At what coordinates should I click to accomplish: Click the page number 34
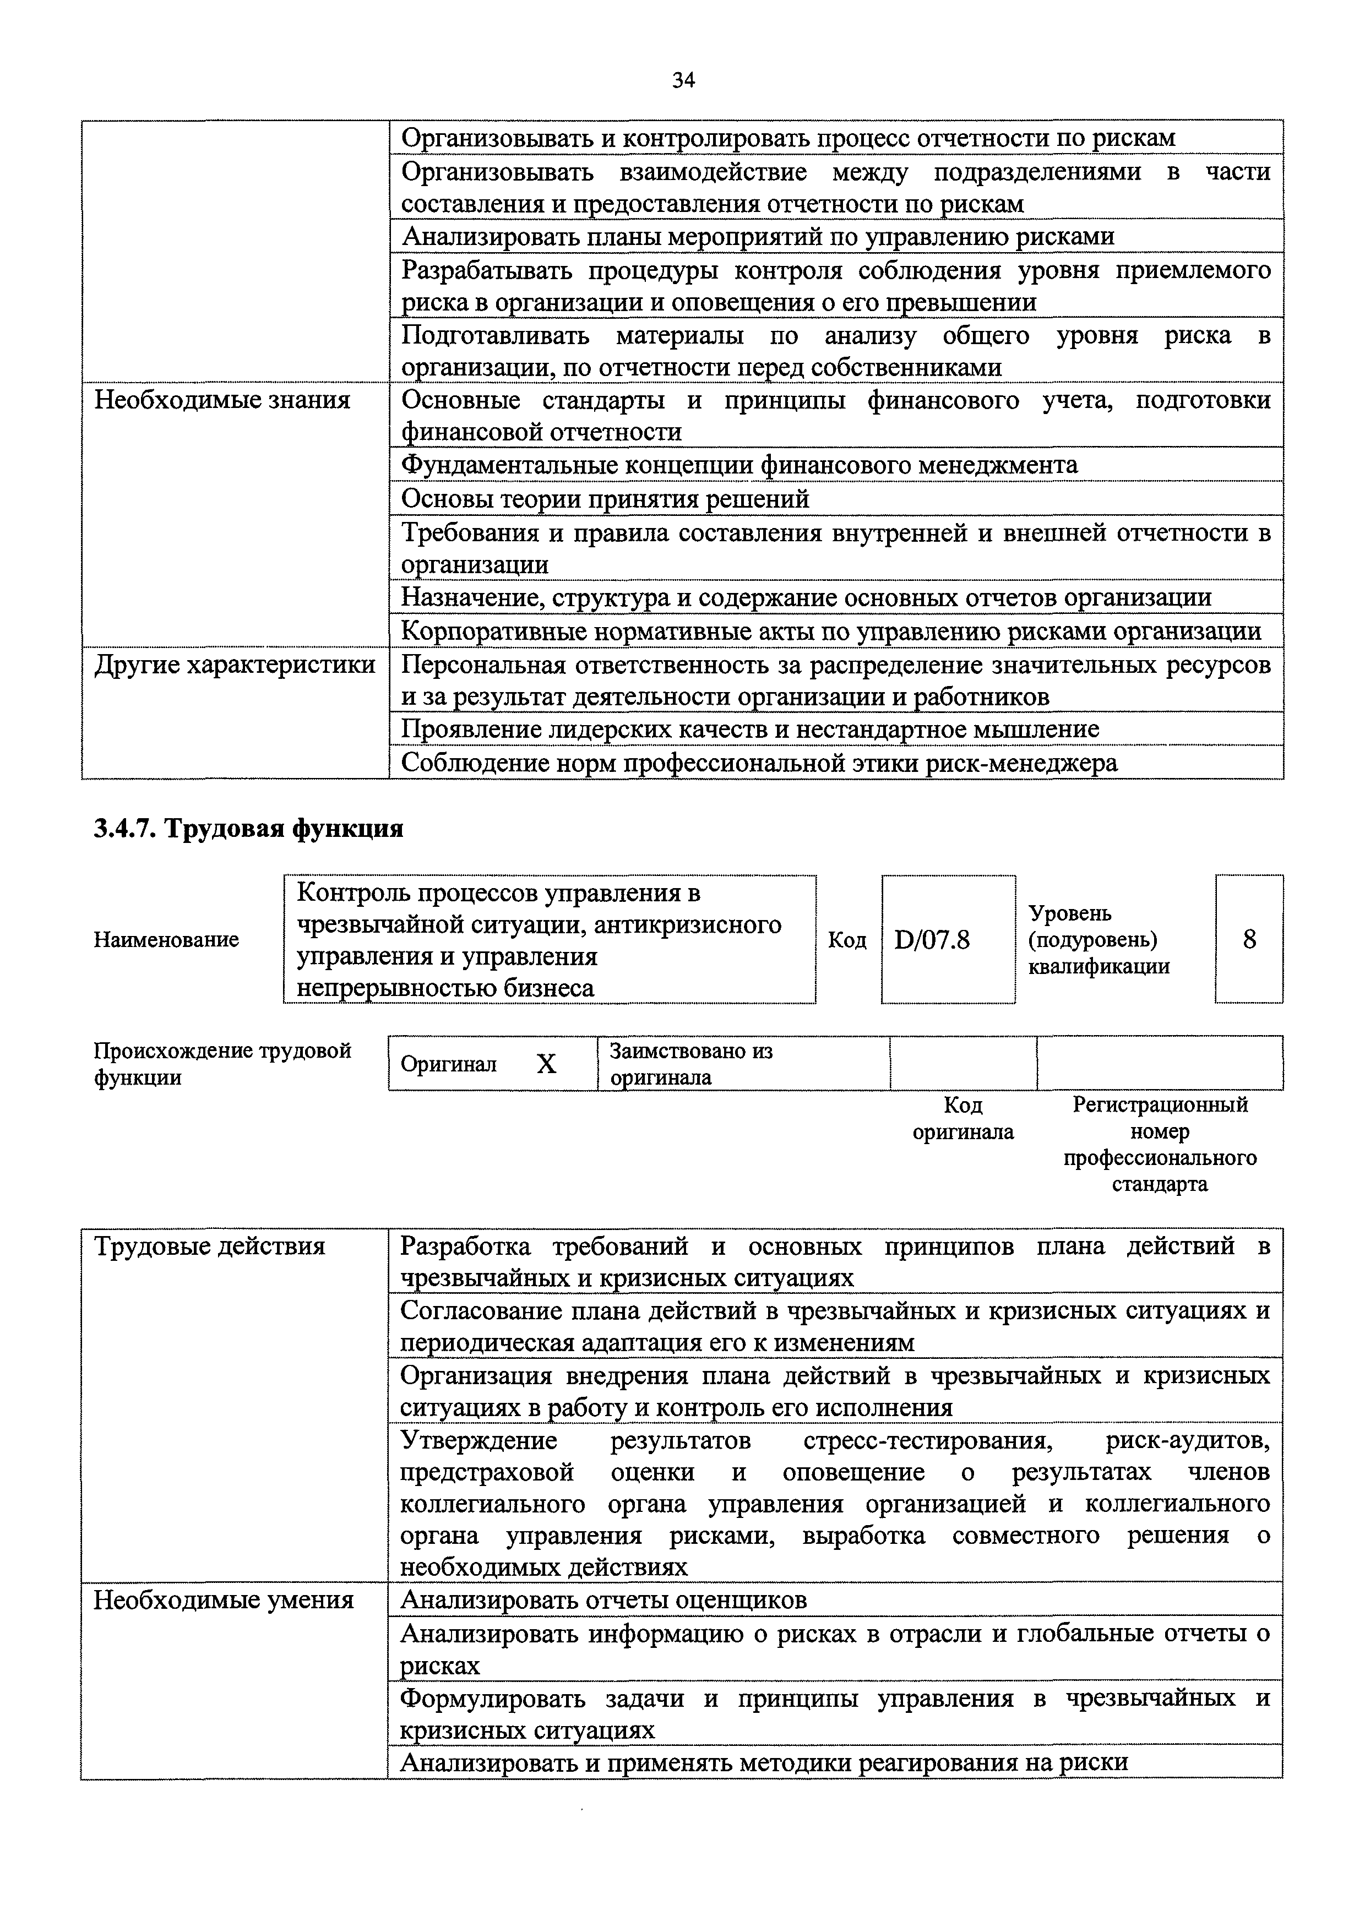coord(683,81)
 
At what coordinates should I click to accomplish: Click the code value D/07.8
coord(932,939)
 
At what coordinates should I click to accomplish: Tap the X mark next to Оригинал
coord(547,1064)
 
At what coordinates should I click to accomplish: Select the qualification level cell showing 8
coord(1249,939)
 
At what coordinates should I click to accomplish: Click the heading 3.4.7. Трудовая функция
coord(249,829)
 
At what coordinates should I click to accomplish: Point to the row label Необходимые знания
coord(222,400)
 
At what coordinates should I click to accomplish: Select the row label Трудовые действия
coord(210,1245)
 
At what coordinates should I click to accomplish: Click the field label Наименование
coord(166,939)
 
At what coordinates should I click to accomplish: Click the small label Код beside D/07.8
coord(847,939)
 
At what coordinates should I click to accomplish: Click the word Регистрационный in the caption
coord(1160,1104)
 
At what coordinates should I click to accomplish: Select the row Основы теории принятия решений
coord(605,499)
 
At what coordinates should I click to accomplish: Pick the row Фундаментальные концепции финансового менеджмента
coord(739,465)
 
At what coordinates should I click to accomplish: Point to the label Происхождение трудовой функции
coord(222,1064)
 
